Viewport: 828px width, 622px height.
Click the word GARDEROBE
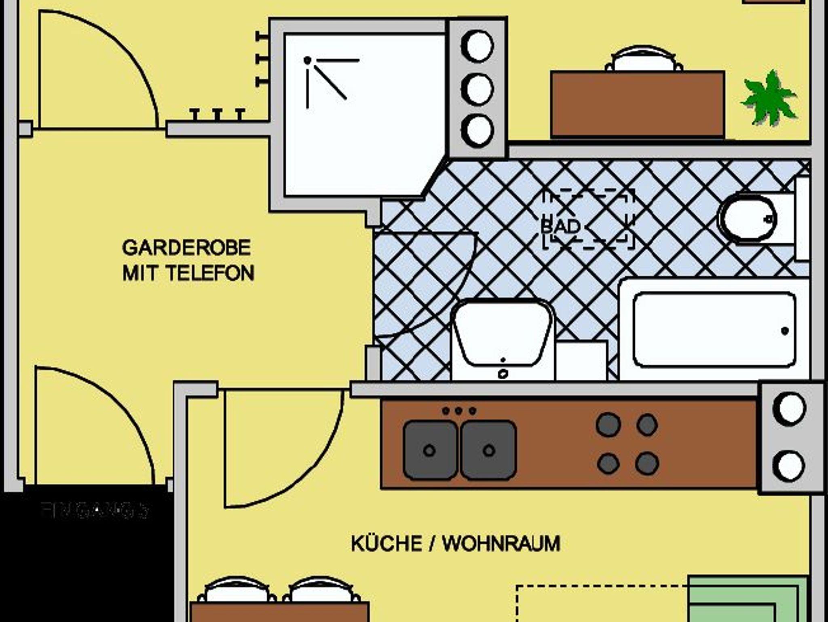(x=186, y=248)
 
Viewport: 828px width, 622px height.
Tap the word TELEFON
(x=210, y=273)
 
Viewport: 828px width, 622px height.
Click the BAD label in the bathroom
(x=560, y=226)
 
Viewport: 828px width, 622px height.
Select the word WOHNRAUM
(x=501, y=544)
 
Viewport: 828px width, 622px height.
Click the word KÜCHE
(x=387, y=544)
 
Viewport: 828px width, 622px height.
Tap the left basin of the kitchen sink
(x=430, y=450)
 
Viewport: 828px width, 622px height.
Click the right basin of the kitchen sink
(x=488, y=450)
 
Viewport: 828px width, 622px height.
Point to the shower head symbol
(x=308, y=61)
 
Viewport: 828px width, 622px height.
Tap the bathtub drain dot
(x=785, y=331)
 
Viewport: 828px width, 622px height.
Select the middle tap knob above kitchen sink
(x=458, y=411)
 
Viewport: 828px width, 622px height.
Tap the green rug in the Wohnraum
(x=748, y=599)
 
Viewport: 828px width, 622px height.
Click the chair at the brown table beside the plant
(x=644, y=60)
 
